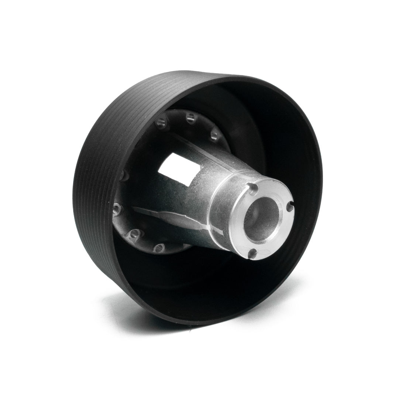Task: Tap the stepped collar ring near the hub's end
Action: coord(221,207)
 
